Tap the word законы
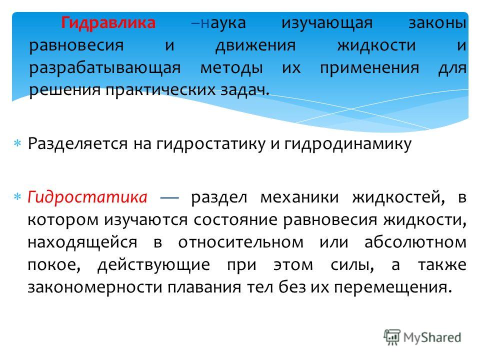point(437,23)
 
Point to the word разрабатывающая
point(104,68)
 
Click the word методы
point(231,68)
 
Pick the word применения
point(369,68)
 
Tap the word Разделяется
point(77,143)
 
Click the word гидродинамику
point(348,144)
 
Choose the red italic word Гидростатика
point(87,197)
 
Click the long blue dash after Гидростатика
point(169,198)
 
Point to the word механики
point(299,197)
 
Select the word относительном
point(241,242)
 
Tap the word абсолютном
point(415,242)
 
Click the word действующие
point(153,265)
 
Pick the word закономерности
point(95,287)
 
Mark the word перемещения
point(393,288)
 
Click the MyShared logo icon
point(392,337)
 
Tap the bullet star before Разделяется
point(17,143)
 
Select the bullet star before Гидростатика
point(17,196)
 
